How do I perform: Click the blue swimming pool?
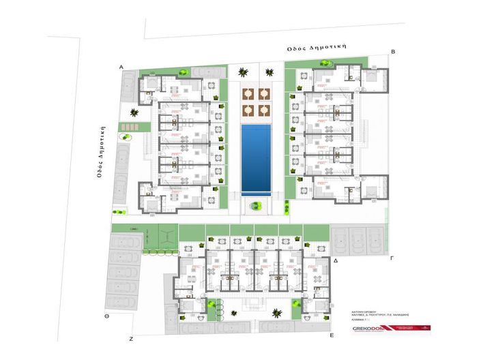[x=257, y=158]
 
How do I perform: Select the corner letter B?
[x=393, y=51]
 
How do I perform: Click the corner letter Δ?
[x=336, y=261]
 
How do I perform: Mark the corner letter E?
[x=330, y=336]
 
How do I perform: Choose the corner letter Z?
[x=130, y=338]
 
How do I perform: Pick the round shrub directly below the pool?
[x=256, y=204]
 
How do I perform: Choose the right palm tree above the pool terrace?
[x=267, y=70]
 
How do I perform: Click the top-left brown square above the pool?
[x=248, y=93]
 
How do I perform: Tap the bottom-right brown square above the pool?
[x=264, y=108]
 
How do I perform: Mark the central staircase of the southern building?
[x=254, y=301]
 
